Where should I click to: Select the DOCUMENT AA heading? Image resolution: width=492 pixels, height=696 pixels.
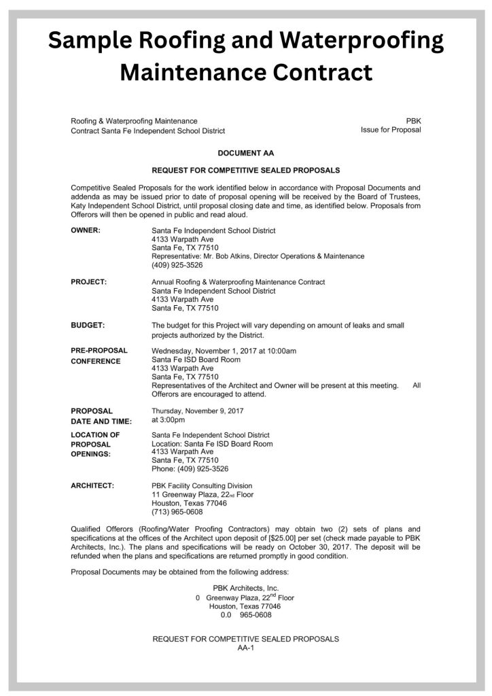pos(246,154)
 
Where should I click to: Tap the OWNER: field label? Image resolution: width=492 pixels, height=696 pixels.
pos(86,230)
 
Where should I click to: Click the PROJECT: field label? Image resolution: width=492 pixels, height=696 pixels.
pos(88,281)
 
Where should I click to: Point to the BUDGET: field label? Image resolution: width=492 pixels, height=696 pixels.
pos(88,326)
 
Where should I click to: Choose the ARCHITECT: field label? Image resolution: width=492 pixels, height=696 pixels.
pos(92,486)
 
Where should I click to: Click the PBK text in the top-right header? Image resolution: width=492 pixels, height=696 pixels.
pos(413,120)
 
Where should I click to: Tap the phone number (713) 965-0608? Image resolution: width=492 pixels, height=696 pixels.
pos(177,512)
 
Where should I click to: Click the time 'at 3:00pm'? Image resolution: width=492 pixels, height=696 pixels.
pos(169,419)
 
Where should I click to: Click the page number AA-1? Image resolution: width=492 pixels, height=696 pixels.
pos(245,648)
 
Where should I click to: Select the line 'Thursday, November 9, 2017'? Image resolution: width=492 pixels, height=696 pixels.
pos(198,411)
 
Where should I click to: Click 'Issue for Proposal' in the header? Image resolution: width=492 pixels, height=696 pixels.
pos(391,130)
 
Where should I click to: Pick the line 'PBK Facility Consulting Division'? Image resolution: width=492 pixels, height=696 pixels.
pos(202,486)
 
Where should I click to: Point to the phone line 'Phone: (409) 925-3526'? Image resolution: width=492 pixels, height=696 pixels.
pos(190,469)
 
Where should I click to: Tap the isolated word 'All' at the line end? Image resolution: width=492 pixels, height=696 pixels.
pos(417,385)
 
